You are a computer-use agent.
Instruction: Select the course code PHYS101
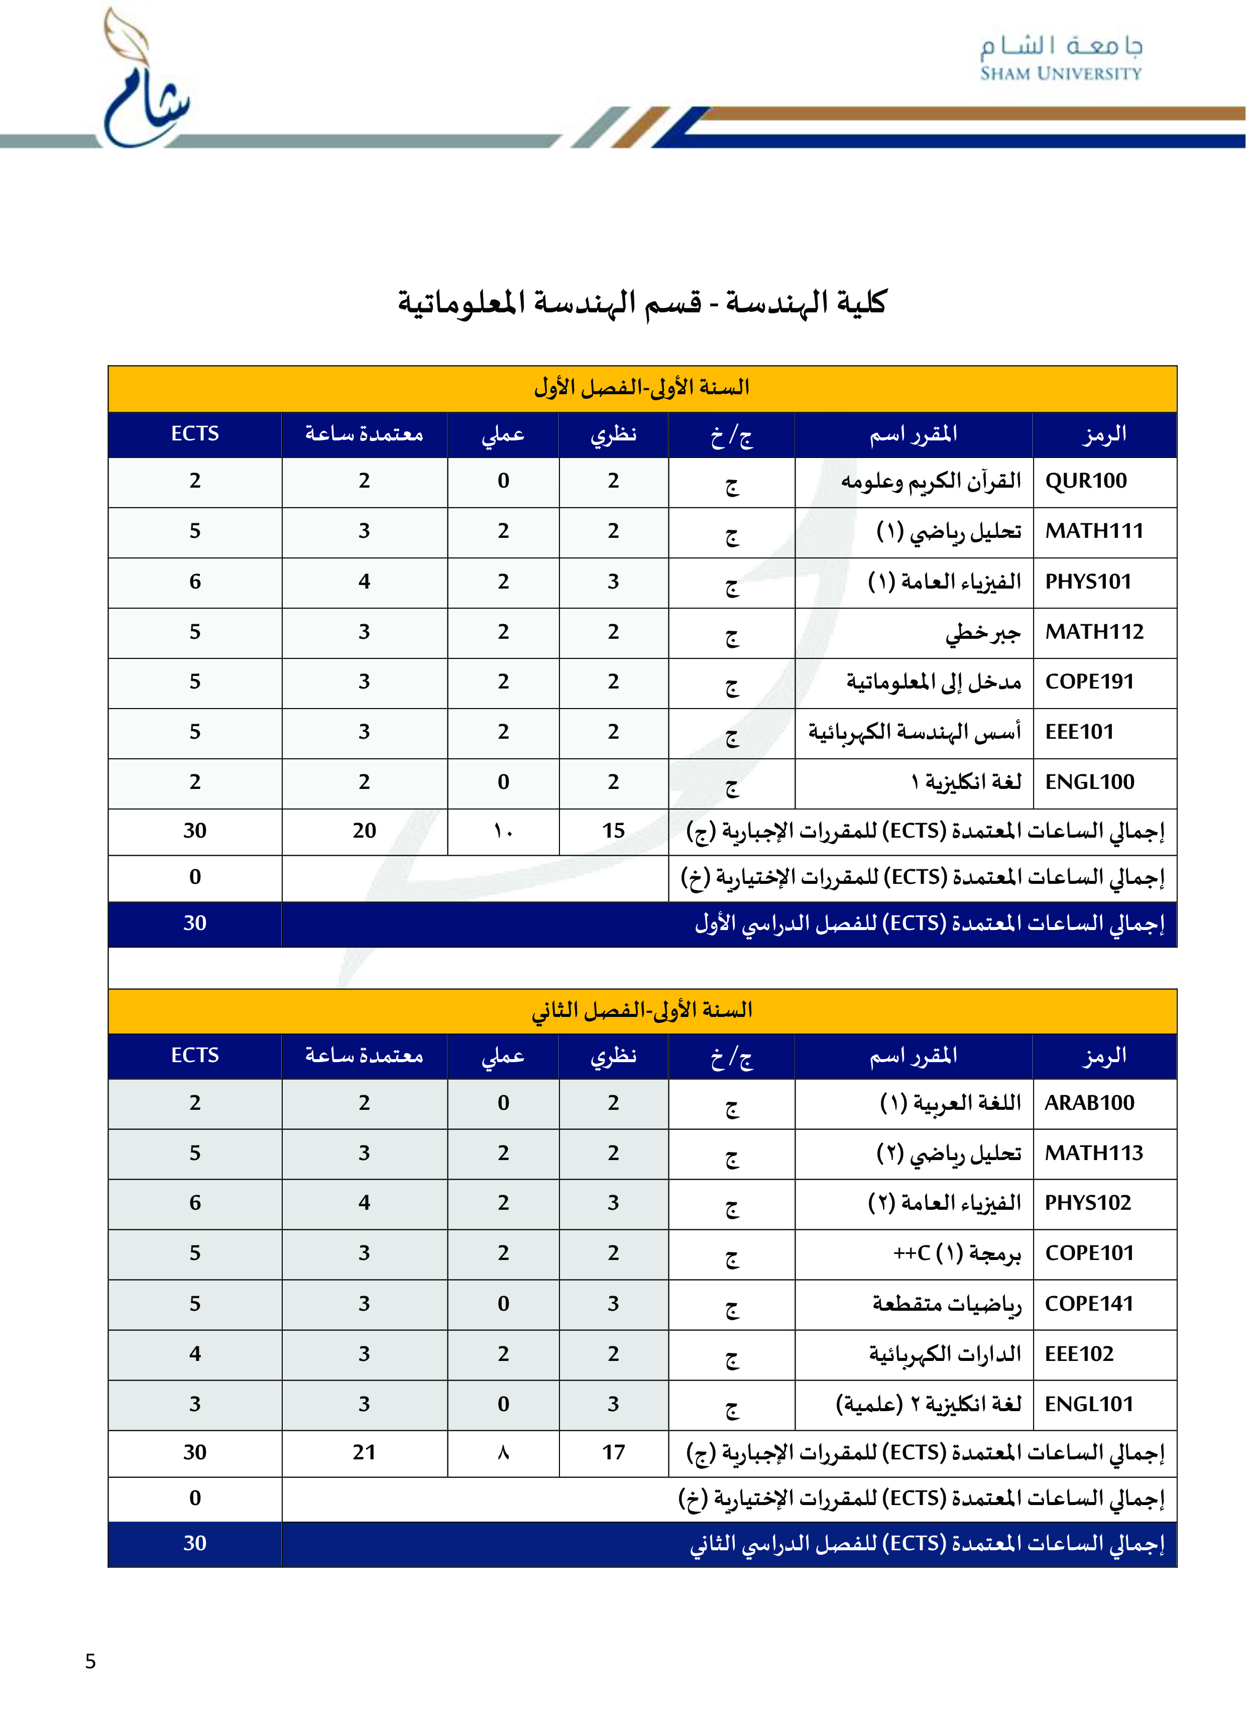point(1088,582)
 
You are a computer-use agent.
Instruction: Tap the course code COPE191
point(1089,681)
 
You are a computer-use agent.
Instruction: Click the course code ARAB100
point(1089,1103)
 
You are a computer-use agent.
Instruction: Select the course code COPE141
point(1088,1304)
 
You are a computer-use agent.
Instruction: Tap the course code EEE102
point(1078,1354)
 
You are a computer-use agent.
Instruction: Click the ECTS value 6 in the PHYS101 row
point(195,582)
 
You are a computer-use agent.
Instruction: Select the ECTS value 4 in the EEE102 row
point(195,1354)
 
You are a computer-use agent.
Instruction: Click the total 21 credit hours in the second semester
point(364,1452)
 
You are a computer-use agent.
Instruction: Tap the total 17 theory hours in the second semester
point(613,1452)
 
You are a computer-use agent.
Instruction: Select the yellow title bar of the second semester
point(641,1010)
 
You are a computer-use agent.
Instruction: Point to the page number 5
point(90,1661)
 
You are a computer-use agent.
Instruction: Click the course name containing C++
point(957,1253)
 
